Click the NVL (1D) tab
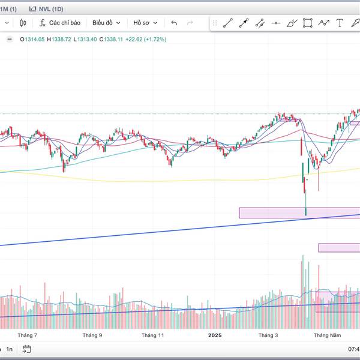coord(47,8)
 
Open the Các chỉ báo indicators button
coord(59,23)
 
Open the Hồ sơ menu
coord(145,23)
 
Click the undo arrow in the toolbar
coord(174,23)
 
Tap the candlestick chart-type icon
coord(23,23)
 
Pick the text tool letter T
coord(340,23)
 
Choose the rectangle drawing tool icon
coord(308,23)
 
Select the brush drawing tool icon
coord(292,23)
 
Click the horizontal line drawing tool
coord(275,23)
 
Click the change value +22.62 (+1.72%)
coord(146,39)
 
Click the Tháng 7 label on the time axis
coord(28,335)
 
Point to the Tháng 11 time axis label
coord(153,335)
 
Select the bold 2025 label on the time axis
coord(214,335)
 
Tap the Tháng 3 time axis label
coord(268,335)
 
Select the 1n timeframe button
coord(10,349)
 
